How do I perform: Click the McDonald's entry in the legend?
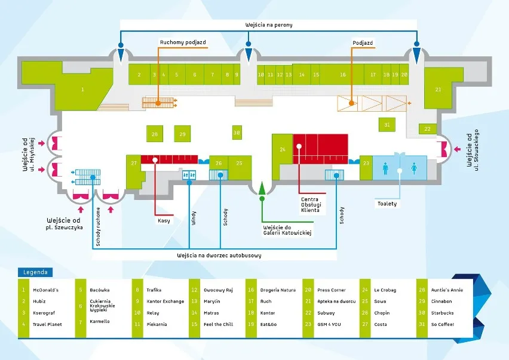click(x=46, y=290)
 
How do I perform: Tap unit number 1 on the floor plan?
click(x=82, y=89)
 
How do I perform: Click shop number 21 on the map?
click(x=438, y=90)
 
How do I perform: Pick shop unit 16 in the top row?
click(x=343, y=75)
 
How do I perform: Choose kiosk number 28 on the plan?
click(x=155, y=134)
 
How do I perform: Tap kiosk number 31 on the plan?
click(x=387, y=125)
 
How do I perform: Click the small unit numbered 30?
click(x=237, y=133)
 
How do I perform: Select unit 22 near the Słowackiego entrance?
click(x=428, y=129)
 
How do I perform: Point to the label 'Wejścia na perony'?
click(x=268, y=25)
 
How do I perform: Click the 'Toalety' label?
click(x=387, y=204)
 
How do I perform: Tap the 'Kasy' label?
click(x=164, y=220)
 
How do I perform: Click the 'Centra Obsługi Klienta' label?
click(x=310, y=204)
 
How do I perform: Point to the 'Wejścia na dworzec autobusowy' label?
click(x=219, y=255)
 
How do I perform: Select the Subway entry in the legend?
click(x=326, y=313)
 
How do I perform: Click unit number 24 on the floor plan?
click(x=283, y=149)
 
